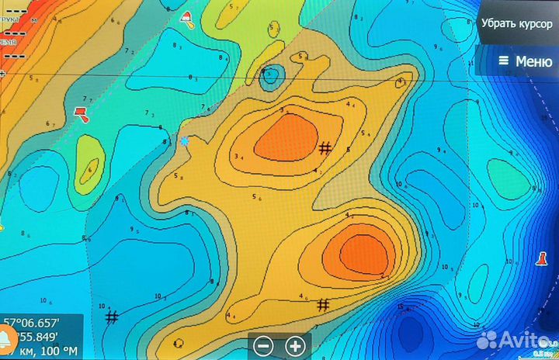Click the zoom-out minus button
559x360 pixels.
coord(264,346)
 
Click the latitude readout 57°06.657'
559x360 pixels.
coord(29,323)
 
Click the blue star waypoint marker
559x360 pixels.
coord(184,141)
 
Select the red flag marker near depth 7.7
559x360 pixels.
coord(81,114)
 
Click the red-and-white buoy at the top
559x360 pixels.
coord(186,17)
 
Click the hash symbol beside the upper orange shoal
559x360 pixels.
coord(325,147)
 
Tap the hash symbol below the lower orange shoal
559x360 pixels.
coord(323,304)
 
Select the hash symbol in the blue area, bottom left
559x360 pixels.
coord(112,317)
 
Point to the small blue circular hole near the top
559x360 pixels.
coord(271,76)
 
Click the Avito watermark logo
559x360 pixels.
coord(516,339)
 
